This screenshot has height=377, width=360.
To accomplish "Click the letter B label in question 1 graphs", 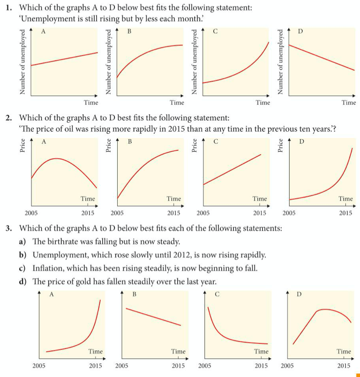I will [129, 32].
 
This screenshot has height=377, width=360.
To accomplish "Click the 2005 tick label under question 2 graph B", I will [117, 212].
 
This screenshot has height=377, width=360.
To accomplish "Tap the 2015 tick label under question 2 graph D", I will [345, 212].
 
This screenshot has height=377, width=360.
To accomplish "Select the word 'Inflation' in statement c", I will [47, 268].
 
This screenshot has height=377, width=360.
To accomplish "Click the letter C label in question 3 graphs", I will [217, 294].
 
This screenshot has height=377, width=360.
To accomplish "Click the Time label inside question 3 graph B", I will [178, 351].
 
